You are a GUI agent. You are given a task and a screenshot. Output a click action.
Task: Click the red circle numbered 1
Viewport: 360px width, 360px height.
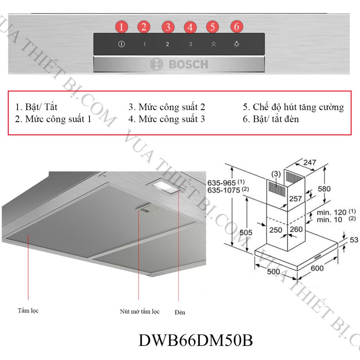pos(121,27)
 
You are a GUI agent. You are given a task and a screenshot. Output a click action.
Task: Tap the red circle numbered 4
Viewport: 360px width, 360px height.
pos(190,27)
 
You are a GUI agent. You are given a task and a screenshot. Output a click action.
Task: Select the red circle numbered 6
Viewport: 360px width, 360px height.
pos(237,26)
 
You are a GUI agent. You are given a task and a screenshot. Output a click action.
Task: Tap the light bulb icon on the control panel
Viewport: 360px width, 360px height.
pos(237,44)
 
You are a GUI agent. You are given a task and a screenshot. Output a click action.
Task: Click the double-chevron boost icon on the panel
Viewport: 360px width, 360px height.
pos(213,44)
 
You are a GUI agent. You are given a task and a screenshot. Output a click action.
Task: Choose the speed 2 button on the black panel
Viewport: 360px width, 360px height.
pos(167,44)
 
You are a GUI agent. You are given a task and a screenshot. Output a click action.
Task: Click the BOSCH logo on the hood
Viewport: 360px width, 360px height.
pos(179,64)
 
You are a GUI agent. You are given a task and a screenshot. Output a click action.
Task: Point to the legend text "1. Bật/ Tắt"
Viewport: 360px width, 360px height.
pos(36,107)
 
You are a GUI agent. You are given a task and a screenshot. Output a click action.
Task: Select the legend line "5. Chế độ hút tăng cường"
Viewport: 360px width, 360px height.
pos(293,107)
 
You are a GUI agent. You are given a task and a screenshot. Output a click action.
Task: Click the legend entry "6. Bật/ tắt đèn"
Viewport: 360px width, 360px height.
pos(271,119)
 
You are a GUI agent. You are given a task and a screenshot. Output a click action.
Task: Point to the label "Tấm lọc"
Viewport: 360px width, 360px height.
pos(28,311)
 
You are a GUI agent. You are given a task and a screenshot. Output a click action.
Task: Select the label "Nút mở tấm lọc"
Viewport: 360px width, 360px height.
pos(140,311)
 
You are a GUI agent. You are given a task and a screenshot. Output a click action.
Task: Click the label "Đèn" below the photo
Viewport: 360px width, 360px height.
pos(180,312)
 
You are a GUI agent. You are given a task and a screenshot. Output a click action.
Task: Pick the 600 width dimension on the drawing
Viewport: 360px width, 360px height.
pos(317,268)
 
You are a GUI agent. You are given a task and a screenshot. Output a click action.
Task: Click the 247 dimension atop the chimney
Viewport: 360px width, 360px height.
pos(310,162)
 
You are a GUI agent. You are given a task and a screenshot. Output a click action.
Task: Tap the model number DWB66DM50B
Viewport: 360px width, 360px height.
pos(196,340)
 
